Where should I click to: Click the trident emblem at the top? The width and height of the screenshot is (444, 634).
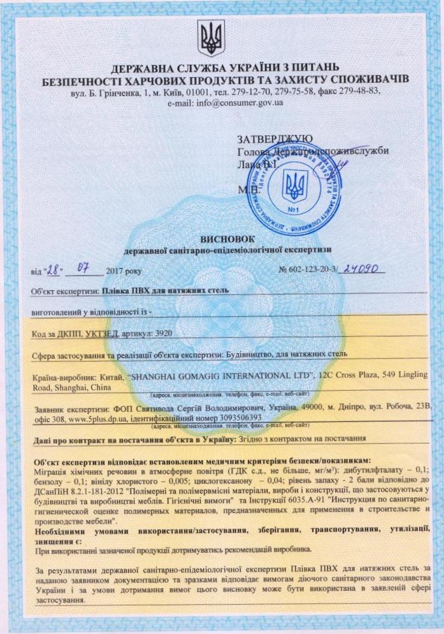coord(210,38)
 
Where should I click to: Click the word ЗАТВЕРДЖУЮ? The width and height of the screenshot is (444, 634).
coord(274,139)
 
